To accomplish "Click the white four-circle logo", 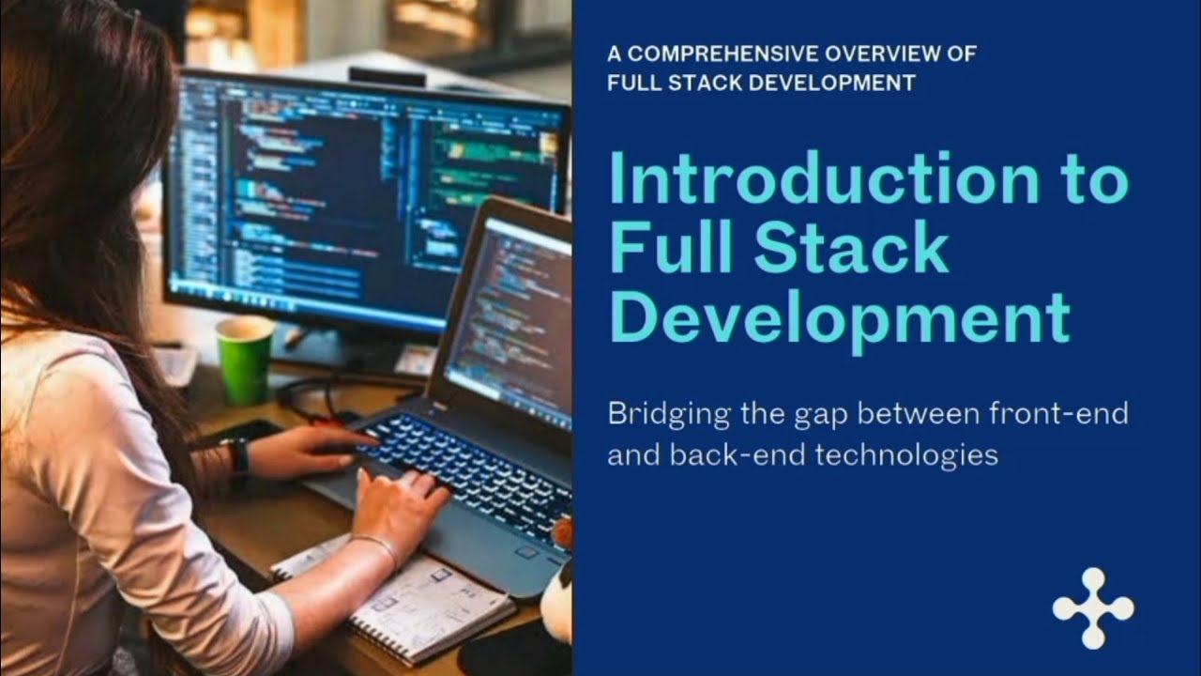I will (x=1093, y=608).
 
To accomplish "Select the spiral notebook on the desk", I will (x=403, y=601).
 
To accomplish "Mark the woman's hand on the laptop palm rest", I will (x=399, y=502).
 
